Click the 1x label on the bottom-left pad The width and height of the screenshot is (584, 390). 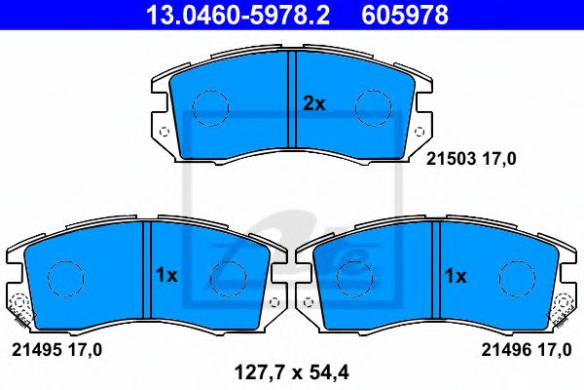pyautogui.click(x=166, y=276)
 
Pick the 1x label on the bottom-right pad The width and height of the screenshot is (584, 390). pyautogui.click(x=456, y=276)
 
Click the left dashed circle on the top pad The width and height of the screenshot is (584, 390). pyautogui.click(x=208, y=107)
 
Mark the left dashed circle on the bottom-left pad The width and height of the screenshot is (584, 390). pyautogui.click(x=63, y=278)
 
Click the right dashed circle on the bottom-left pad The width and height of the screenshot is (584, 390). pyautogui.click(x=227, y=278)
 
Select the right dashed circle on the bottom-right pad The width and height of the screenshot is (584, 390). pyautogui.click(x=517, y=278)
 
